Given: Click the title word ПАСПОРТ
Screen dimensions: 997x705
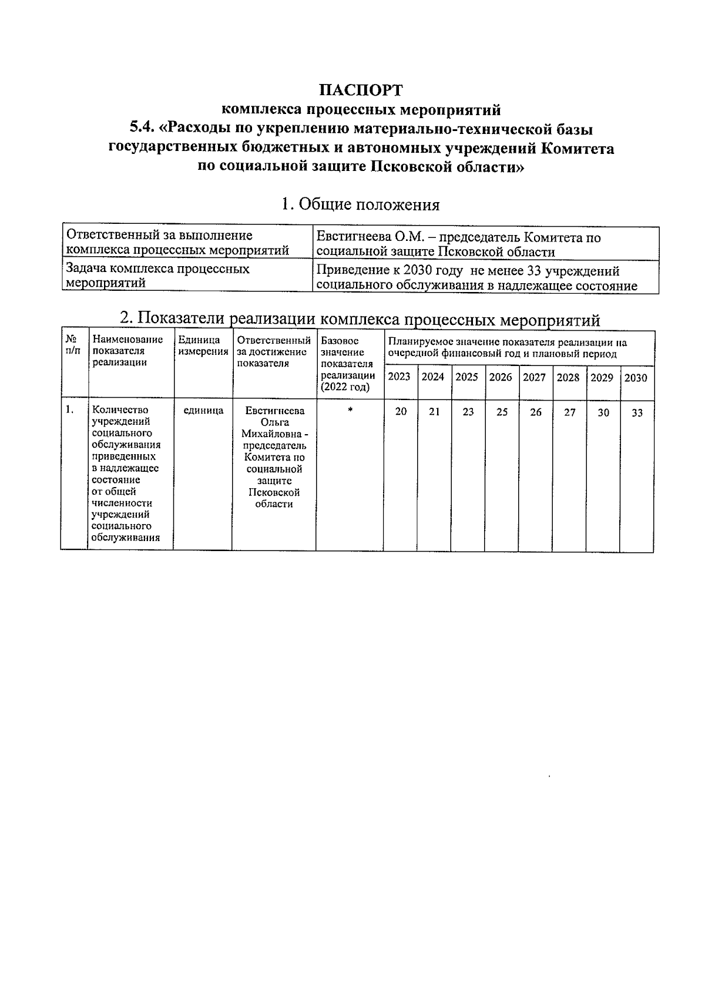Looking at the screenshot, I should (361, 90).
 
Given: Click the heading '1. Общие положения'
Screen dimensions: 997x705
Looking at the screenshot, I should (360, 204).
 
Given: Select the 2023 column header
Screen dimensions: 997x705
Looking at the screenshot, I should (399, 377).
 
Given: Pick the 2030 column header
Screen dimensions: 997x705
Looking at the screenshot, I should (636, 378).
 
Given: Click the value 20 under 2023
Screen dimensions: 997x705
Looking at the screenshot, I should (401, 412).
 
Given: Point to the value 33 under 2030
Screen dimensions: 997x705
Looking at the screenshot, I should (637, 413).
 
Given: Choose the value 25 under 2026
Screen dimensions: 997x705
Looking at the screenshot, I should (502, 412).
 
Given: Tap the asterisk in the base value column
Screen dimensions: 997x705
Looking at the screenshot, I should (350, 412).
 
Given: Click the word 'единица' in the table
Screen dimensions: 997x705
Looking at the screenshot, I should (203, 411).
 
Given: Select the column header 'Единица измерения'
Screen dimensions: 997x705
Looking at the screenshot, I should (203, 346).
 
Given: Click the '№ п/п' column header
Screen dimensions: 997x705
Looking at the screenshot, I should (72, 345).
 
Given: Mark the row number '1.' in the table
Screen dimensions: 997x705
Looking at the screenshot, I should (70, 410).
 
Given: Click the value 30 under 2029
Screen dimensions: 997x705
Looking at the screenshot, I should (603, 413).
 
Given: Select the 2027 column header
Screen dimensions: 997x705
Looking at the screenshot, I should (534, 377).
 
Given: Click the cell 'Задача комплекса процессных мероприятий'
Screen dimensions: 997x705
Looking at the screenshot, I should (157, 276).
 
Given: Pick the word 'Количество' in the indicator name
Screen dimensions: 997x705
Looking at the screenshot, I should (120, 410).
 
